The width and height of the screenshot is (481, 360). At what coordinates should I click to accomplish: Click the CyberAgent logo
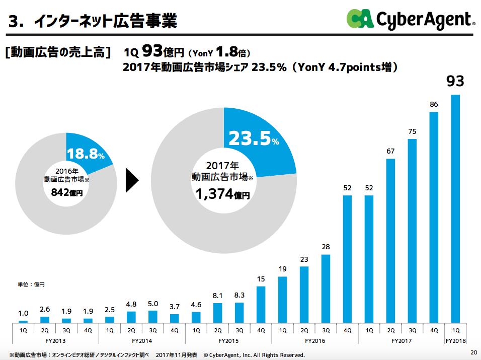tap(410, 19)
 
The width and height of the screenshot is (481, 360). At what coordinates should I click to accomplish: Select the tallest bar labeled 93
tap(456, 208)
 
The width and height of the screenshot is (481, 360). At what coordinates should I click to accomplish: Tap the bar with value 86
tap(434, 217)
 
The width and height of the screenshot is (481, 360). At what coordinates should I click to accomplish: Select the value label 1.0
tap(23, 314)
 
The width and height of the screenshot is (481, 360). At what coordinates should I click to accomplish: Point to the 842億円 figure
tap(66, 192)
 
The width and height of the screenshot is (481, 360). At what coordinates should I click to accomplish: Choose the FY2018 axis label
tap(456, 341)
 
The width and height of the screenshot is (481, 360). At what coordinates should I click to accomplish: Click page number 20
tap(473, 352)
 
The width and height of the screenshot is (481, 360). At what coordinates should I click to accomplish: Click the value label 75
tap(413, 132)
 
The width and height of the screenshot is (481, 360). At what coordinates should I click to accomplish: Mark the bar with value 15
tap(261, 304)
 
